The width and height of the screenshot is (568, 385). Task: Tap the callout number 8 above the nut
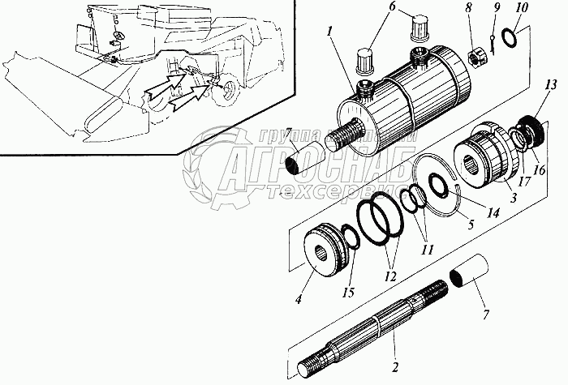[469, 8]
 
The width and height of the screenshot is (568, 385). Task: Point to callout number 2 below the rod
[395, 367]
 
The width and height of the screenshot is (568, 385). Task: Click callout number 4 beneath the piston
[299, 300]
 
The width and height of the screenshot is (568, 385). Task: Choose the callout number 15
[349, 292]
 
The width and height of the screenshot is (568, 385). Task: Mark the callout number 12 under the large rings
[390, 276]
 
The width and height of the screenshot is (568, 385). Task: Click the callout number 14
[493, 212]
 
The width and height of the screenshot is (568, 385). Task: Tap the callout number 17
[524, 182]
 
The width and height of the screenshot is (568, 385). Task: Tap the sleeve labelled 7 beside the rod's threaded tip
[469, 273]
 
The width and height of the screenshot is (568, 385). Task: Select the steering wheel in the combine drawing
[118, 36]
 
